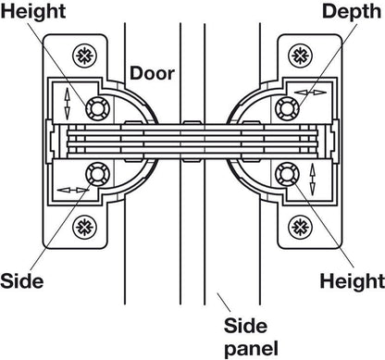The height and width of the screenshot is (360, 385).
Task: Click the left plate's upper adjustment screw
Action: pyautogui.click(x=94, y=109)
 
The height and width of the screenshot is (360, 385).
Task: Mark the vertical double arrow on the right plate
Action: pyautogui.click(x=312, y=176)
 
